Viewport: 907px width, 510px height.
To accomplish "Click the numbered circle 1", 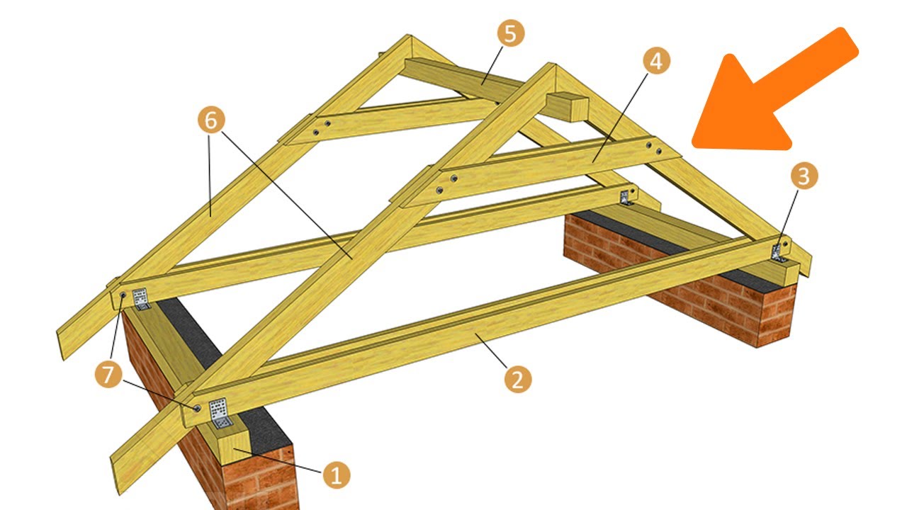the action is click(337, 475).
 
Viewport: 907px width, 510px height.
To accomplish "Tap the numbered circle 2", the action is click(518, 379).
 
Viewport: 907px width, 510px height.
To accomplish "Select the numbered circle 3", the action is click(804, 176).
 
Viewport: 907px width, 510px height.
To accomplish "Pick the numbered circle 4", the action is click(656, 61).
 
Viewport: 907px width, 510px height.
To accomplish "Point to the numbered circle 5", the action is click(511, 33).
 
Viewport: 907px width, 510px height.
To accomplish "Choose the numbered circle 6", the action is click(211, 120).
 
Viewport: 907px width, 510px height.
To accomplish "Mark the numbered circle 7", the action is click(108, 375).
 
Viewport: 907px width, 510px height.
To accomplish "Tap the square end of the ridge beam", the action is click(567, 108).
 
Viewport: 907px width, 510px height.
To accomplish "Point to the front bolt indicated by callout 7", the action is click(197, 408).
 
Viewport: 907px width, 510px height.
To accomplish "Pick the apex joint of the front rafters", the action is click(552, 69).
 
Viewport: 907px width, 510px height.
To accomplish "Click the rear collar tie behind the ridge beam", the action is click(389, 120).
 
